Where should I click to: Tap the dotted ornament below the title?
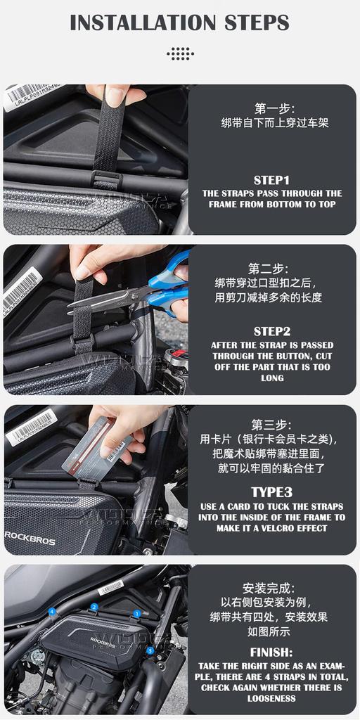(x=180, y=53)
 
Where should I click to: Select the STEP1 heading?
(x=271, y=179)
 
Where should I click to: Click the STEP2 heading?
(x=271, y=331)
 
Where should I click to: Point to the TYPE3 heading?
(x=271, y=492)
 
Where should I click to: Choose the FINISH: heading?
(x=271, y=652)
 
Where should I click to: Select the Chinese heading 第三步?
(x=271, y=425)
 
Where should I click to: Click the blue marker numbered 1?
(x=136, y=613)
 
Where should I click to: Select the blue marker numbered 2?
(x=94, y=607)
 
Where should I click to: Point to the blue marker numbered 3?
(x=150, y=651)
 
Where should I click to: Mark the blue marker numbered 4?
(x=51, y=612)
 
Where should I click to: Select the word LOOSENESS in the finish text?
(x=271, y=698)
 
